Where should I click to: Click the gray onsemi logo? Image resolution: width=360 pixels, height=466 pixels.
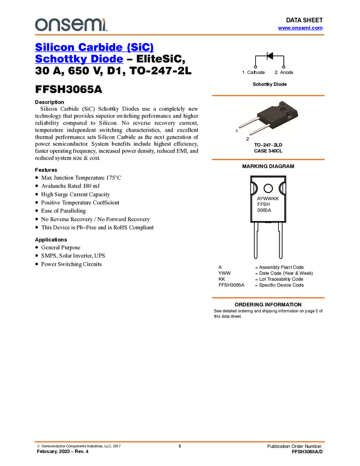pos(71,25)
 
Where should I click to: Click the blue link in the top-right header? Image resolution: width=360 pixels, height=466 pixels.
pos(300,28)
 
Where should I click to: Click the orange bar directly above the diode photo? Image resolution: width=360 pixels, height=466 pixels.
pos(268,95)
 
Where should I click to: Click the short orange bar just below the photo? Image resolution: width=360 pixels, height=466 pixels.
pos(268,160)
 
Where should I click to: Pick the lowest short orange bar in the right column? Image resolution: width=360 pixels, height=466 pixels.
pos(268,298)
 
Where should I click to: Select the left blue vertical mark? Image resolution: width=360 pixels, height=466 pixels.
pos(249,188)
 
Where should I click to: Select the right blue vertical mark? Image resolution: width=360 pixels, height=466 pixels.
pos(286,188)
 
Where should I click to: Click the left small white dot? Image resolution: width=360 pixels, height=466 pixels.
pos(256,67)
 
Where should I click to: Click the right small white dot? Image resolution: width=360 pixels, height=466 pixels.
pos(284,67)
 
